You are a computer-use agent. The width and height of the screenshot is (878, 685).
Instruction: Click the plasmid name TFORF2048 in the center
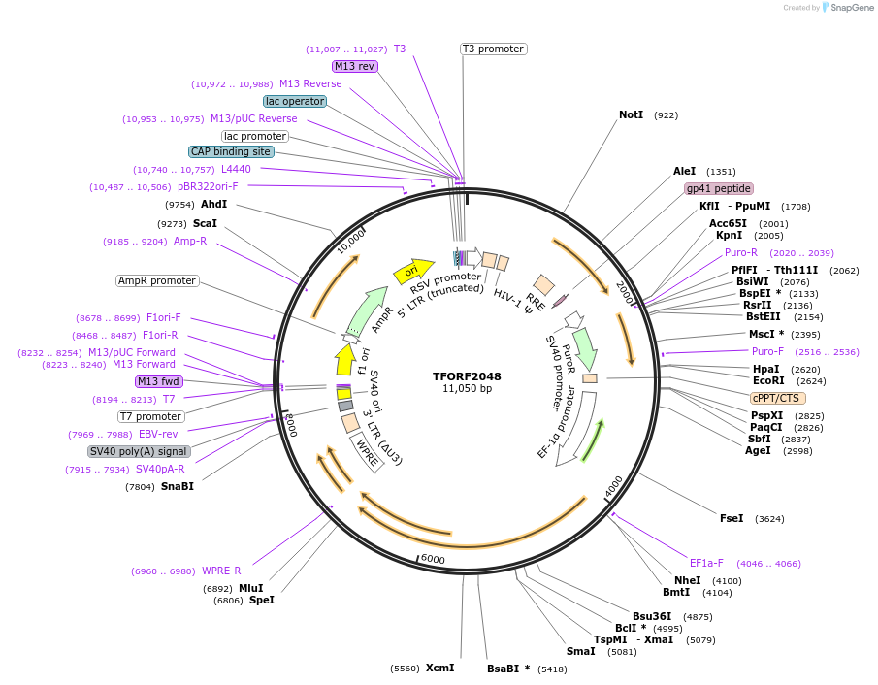[x=467, y=375]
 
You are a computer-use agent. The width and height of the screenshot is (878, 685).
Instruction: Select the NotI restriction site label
[x=631, y=114]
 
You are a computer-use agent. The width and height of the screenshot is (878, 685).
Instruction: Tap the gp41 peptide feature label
[x=718, y=188]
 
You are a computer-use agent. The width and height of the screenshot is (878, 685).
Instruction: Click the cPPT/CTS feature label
[x=777, y=398]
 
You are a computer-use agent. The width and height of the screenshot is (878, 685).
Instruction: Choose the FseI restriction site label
[x=732, y=518]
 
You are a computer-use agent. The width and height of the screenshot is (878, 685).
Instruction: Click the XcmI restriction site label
[x=439, y=668]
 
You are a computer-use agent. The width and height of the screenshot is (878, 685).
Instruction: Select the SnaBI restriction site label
[x=178, y=486]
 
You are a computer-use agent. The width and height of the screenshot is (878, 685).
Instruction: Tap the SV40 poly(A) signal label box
[x=139, y=451]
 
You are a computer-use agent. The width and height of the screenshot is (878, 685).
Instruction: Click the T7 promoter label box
[x=151, y=416]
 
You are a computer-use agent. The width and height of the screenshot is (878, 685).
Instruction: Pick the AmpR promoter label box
[x=157, y=280]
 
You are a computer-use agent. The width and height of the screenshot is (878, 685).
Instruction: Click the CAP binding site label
[x=231, y=151]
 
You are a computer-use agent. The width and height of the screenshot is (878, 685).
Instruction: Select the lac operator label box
[x=295, y=101]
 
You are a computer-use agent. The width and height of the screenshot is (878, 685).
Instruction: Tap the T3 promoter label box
[x=493, y=49]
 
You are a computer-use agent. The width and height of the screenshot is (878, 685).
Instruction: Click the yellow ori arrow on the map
[x=412, y=272]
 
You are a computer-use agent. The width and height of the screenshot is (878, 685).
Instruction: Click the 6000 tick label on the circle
[x=433, y=559]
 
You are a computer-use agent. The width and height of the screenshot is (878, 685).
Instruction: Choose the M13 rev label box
[x=354, y=66]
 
